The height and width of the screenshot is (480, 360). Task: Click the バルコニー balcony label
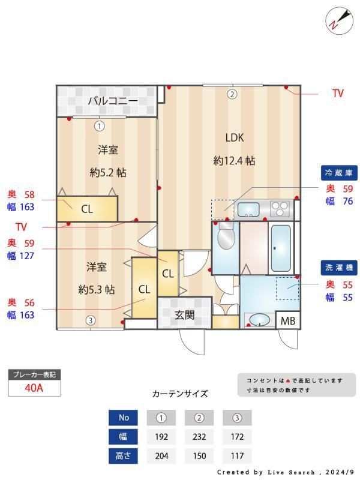coord(113,101)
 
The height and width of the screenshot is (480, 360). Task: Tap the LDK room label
coord(235,138)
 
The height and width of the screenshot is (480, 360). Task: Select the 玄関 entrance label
coord(185,314)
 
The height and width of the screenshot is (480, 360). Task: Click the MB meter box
coord(288,320)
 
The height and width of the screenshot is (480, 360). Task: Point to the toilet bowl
coord(226,236)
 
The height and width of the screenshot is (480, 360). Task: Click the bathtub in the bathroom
coord(281,248)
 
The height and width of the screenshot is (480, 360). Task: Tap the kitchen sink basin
coord(248,209)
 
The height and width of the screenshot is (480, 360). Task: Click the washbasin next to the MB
coord(260,320)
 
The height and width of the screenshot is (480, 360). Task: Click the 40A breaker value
coord(34,388)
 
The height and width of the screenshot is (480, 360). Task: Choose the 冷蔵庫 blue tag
coord(339,173)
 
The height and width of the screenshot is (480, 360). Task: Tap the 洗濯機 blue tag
coord(339,268)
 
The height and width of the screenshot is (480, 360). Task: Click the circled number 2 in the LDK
coord(232,94)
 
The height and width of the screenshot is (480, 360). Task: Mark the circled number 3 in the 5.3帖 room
coord(91,320)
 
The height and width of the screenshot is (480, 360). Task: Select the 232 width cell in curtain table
coord(199,437)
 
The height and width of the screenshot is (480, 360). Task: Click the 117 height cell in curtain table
coord(237,456)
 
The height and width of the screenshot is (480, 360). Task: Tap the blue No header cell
coord(123,418)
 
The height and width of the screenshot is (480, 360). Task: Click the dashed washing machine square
coord(288,289)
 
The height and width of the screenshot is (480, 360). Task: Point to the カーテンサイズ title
coord(180,394)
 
